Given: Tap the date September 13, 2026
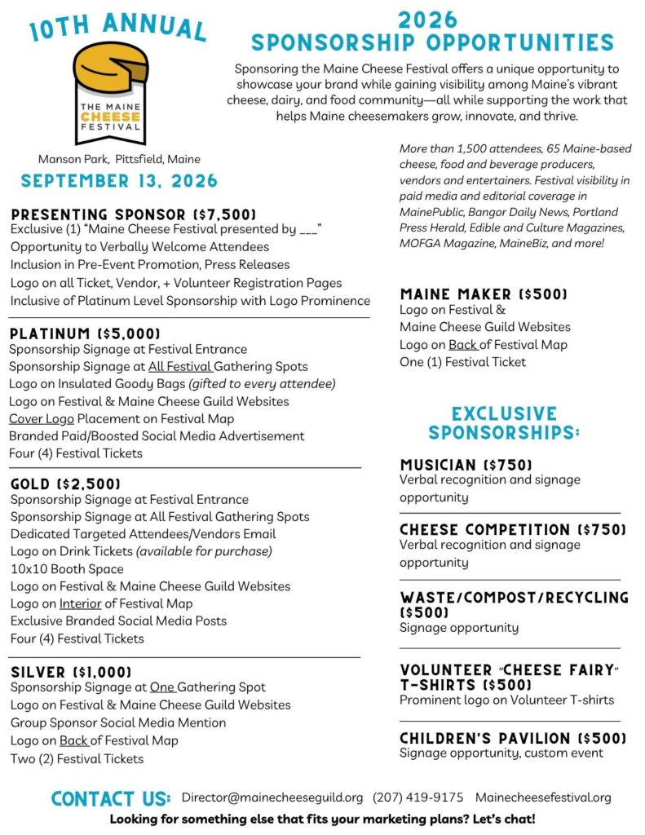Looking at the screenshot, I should (119, 181).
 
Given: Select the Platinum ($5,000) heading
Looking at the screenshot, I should (85, 334).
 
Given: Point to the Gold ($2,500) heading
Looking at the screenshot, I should (66, 484).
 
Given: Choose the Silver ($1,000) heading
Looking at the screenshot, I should (71, 672).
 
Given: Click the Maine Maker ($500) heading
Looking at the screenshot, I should (484, 294).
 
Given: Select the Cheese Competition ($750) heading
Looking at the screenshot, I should (513, 530).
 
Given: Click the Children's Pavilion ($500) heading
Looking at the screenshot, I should (513, 739).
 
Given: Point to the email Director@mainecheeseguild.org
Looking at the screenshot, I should (272, 797).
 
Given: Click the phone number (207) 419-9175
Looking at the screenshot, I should (418, 797).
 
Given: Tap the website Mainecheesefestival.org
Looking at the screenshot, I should (543, 797).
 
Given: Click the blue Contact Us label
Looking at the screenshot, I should (111, 798).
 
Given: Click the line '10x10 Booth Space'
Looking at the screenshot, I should (67, 569).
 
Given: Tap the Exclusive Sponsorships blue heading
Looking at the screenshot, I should (504, 422).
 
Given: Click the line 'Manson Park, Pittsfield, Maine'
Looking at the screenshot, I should (119, 159).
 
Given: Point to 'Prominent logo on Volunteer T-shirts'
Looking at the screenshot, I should (506, 700).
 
